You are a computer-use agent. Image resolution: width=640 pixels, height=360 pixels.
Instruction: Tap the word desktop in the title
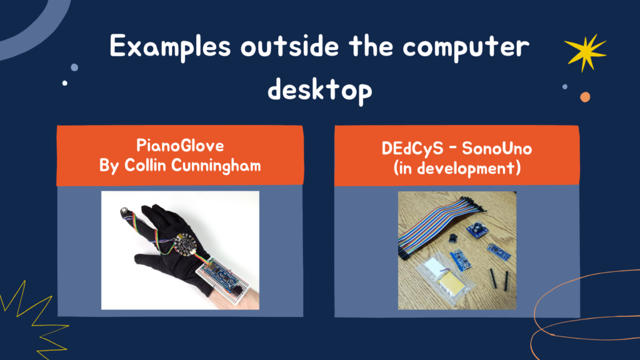320,89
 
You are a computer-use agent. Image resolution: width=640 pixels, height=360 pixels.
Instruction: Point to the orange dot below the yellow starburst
585,97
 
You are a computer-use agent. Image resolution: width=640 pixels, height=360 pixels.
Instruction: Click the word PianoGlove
180,146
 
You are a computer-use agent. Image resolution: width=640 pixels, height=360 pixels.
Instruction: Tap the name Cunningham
216,166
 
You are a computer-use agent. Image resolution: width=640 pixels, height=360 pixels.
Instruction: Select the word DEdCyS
412,149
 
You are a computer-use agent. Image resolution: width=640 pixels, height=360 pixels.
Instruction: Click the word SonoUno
497,149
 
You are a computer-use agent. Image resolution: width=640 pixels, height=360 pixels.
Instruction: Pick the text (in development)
457,168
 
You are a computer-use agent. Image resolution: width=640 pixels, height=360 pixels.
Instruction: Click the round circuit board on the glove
184,245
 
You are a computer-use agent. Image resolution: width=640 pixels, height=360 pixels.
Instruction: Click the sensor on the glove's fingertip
124,212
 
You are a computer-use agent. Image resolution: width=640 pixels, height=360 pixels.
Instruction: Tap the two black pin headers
499,279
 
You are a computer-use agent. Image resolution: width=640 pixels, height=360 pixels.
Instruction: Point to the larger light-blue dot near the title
74,67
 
